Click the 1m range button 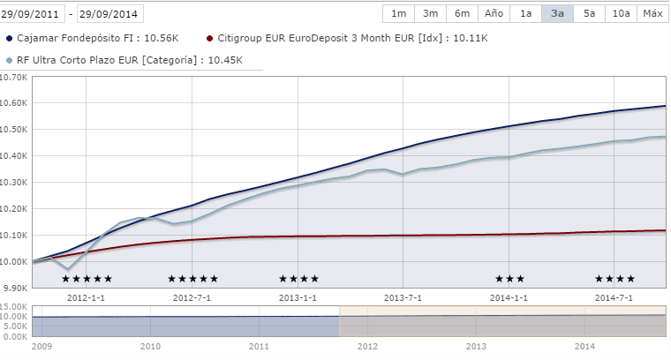pyautogui.click(x=398, y=13)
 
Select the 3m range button pyautogui.click(x=430, y=13)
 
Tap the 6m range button pyautogui.click(x=462, y=13)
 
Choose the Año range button pyautogui.click(x=494, y=13)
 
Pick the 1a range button pyautogui.click(x=525, y=13)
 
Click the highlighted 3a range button pyautogui.click(x=557, y=13)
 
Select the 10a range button pyautogui.click(x=621, y=13)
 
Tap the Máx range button pyautogui.click(x=652, y=13)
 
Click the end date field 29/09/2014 pyautogui.click(x=110, y=14)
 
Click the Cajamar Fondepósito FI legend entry pyautogui.click(x=93, y=39)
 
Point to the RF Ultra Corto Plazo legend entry pyautogui.click(x=124, y=60)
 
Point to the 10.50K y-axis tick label pyautogui.click(x=14, y=130)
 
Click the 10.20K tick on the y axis pyautogui.click(x=14, y=209)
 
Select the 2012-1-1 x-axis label pyautogui.click(x=86, y=297)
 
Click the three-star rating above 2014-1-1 pyautogui.click(x=509, y=279)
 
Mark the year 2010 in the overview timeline pyautogui.click(x=150, y=348)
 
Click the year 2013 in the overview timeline pyautogui.click(x=476, y=348)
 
